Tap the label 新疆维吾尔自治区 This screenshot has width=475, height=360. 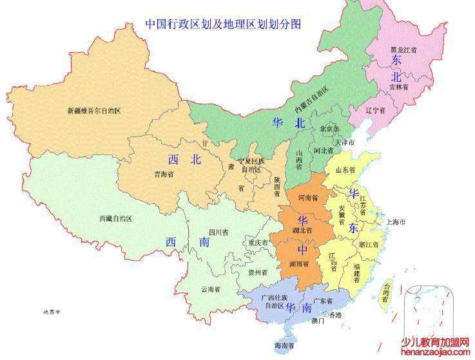[x=94, y=110]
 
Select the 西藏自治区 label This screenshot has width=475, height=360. [x=115, y=219]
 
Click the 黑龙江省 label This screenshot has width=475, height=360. [x=403, y=49]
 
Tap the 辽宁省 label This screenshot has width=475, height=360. [x=375, y=110]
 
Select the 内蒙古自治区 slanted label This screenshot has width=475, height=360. [x=312, y=97]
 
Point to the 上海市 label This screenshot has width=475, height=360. [x=396, y=222]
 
